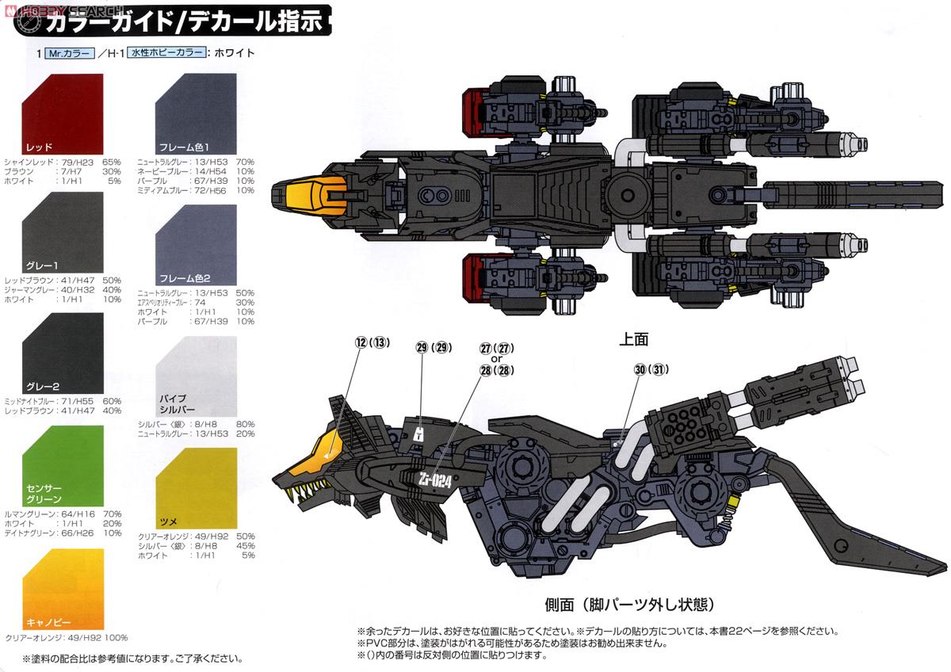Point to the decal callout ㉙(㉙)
pos(432,347)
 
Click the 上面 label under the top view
pos(634,339)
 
